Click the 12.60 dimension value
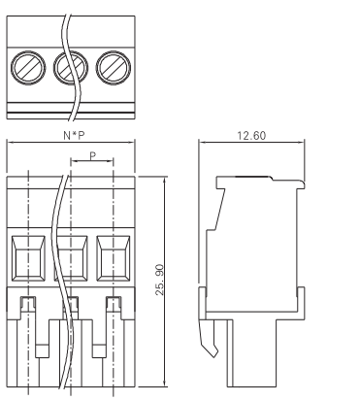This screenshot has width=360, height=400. pos(251,136)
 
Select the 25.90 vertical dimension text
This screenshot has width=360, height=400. pos(160,280)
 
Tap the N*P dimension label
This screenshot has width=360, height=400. pos(74,135)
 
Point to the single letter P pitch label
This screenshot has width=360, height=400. pos(93,156)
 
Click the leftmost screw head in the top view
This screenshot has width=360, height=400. pos(28,68)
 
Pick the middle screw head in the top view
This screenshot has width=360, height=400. pos(71,68)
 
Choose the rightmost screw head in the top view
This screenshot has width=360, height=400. pos(114,68)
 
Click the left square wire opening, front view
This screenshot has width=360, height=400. pos(28,258)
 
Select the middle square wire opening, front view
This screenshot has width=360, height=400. pos(71,258)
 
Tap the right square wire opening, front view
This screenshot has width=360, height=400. pos(114,258)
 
